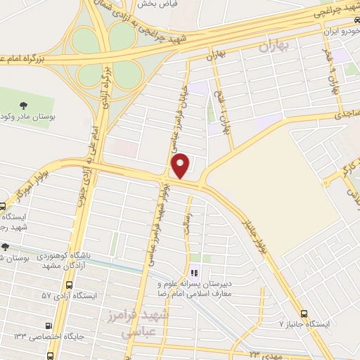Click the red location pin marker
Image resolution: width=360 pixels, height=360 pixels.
click(181, 165)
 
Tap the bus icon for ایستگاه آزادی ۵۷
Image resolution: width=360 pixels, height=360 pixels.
click(69, 286)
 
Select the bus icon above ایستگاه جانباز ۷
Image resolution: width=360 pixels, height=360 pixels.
click(304, 314)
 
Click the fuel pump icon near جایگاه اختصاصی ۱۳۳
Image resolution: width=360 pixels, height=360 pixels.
click(48, 326)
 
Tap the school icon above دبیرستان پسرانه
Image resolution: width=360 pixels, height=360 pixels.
click(195, 273)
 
